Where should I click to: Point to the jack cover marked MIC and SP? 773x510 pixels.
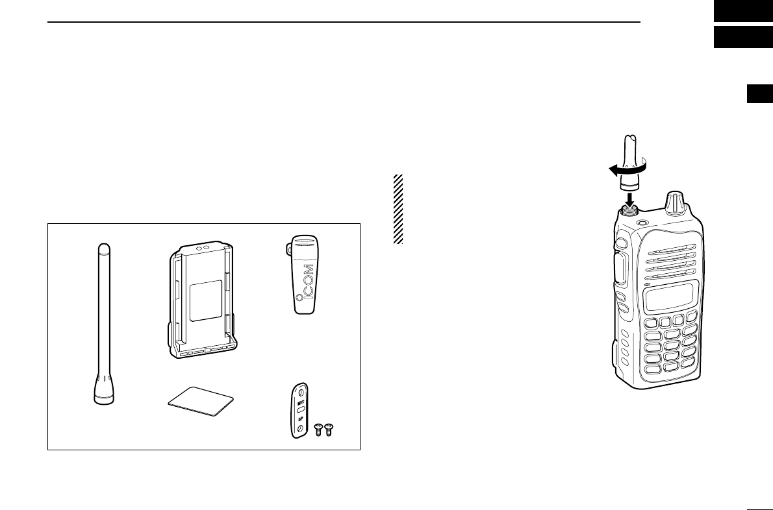pyautogui.click(x=299, y=411)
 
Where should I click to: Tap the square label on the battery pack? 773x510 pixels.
pyautogui.click(x=205, y=299)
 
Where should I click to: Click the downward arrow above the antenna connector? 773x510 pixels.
pyautogui.click(x=628, y=196)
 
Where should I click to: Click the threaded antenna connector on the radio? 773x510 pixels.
pyautogui.click(x=627, y=210)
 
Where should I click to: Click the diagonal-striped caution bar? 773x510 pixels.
pyautogui.click(x=398, y=209)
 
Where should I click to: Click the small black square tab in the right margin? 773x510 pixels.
pyautogui.click(x=759, y=95)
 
